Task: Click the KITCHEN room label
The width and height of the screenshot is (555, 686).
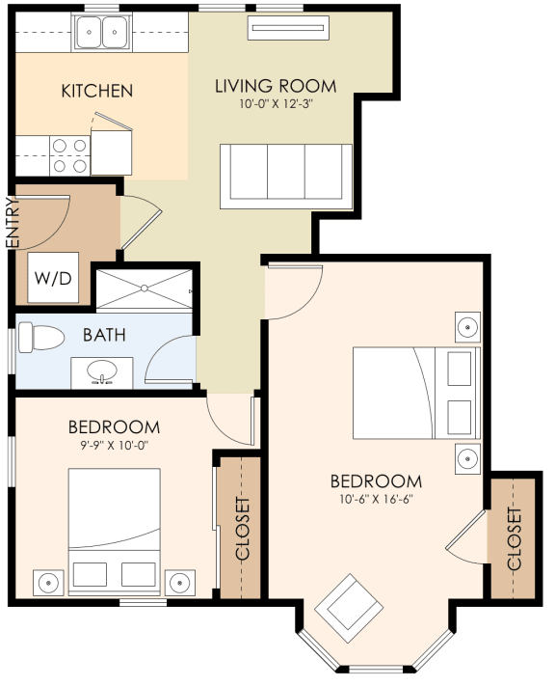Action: coord(96,92)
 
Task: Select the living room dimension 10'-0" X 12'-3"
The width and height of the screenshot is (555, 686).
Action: coord(264,103)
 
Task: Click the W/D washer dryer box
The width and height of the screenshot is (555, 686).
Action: coord(53,279)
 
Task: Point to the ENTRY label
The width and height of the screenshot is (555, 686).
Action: coord(13,223)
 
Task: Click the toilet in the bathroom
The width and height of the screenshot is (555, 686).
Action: coord(40,339)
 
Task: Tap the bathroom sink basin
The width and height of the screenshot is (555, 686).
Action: coord(101,371)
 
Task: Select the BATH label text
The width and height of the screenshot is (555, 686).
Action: coord(103,336)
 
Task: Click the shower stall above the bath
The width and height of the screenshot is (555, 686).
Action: coord(144,288)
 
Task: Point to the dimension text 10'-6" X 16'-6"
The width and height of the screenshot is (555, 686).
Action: coord(376,499)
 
